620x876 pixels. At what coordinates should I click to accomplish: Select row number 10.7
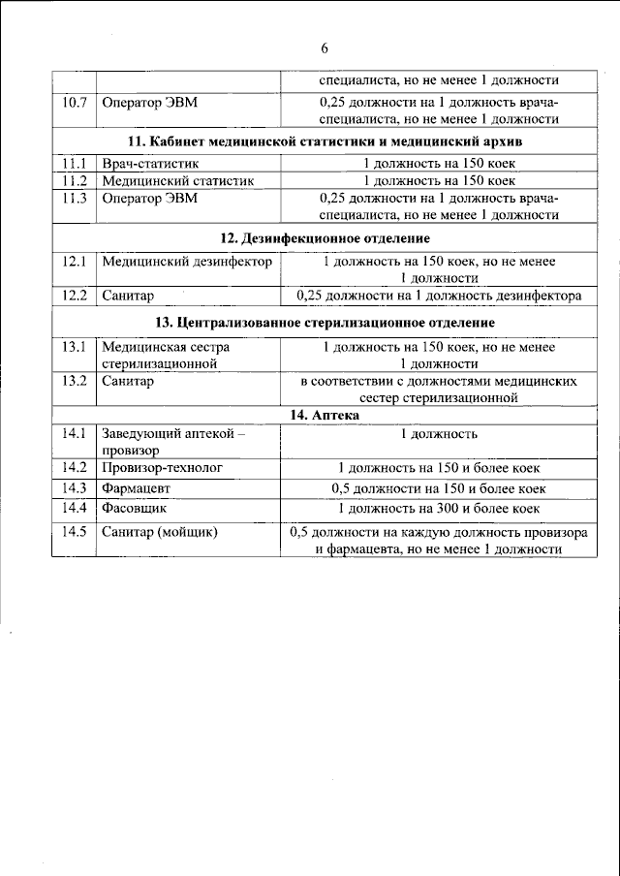tap(74, 102)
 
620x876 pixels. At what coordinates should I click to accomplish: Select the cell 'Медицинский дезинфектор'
tap(187, 262)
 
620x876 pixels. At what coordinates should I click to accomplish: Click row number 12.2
tap(74, 297)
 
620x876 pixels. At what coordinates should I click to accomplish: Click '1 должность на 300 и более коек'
tap(439, 508)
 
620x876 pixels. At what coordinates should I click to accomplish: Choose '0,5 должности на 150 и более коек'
tap(439, 488)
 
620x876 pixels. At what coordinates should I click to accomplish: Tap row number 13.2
tap(74, 381)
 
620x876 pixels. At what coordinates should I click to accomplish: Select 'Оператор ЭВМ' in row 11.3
tap(144, 198)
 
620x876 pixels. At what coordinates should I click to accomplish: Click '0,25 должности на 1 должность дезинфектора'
tap(439, 297)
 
